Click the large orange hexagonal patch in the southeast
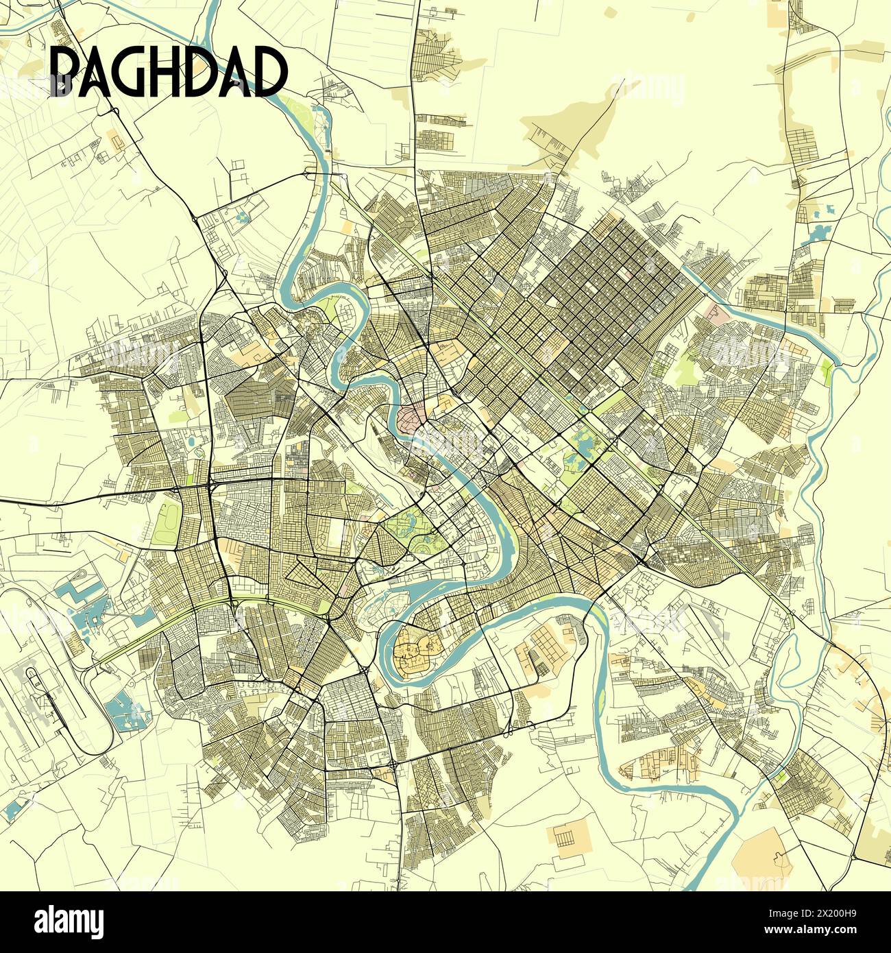coord(761,857)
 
